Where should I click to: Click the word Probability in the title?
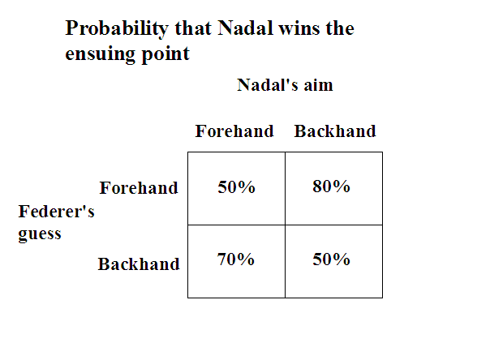[x=117, y=29]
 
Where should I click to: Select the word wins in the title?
[x=299, y=28]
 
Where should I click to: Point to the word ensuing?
[x=100, y=54]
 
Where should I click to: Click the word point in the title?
[x=165, y=54]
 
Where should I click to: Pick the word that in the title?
[x=193, y=28]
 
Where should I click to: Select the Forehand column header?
[x=234, y=131]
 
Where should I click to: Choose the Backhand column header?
[x=335, y=131]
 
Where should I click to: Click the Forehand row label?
[x=139, y=188]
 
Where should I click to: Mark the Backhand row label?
[x=139, y=264]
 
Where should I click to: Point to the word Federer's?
[x=56, y=212]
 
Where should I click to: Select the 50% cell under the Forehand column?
[x=236, y=187]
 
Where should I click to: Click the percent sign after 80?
[x=342, y=186]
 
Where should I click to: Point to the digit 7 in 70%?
[x=222, y=259]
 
